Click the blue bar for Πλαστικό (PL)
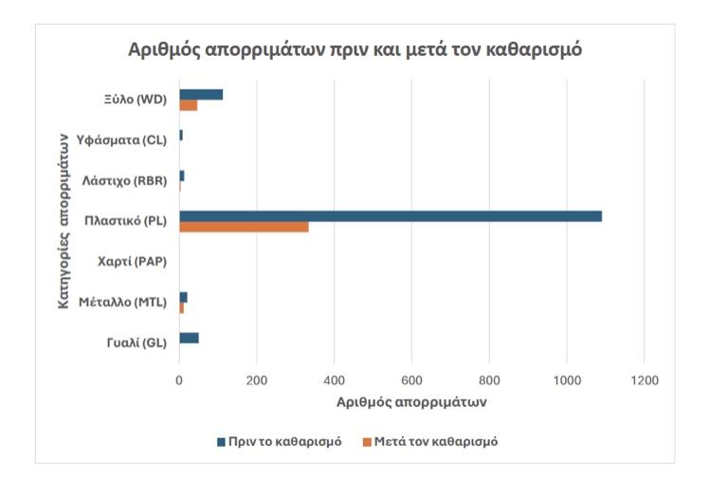coord(391,216)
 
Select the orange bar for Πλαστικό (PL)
coord(244,227)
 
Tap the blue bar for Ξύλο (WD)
coord(201,95)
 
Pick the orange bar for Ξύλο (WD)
coord(189,105)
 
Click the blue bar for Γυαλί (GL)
coord(190,339)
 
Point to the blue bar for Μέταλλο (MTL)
coord(183,298)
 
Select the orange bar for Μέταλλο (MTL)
coord(182,307)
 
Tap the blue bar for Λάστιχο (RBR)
coord(182,175)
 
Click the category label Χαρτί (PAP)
coord(132,262)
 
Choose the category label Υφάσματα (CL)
coord(121,140)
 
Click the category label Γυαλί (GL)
coord(136,343)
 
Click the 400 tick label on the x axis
coord(335,380)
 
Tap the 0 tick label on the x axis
coord(179,380)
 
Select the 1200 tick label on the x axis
coord(644,380)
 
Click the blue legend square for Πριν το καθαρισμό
coord(221,442)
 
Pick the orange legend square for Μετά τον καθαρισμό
coord(367,442)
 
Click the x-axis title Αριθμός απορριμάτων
coord(411,402)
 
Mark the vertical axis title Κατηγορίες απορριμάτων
coord(64,221)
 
